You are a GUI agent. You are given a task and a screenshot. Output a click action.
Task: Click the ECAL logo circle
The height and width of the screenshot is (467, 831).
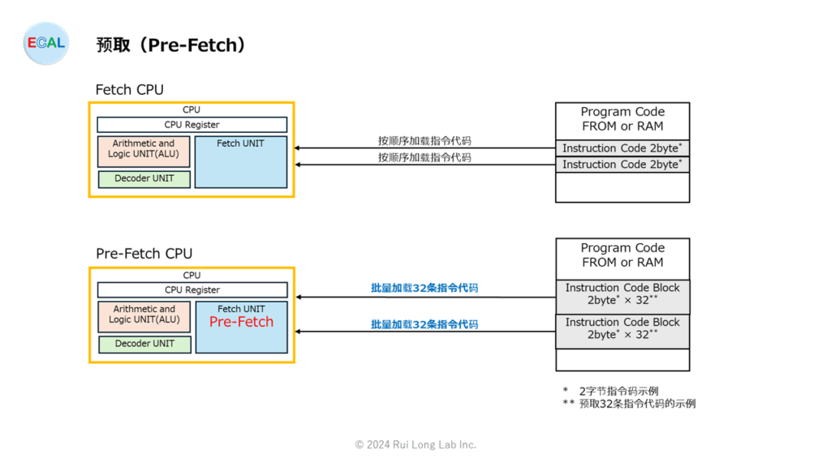pos(46,44)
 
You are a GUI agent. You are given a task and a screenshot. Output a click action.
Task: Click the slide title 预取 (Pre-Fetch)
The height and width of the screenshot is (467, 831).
pos(170,45)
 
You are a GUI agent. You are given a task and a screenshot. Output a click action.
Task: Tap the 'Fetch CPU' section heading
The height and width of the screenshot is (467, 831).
pos(129,89)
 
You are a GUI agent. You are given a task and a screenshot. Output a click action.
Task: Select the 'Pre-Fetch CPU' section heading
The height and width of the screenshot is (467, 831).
pos(144,254)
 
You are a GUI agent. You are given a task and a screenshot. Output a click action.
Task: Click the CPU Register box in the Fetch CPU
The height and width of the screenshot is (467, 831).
pos(192,125)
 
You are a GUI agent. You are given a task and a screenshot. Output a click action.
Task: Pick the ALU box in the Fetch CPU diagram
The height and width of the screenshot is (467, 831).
pos(144,152)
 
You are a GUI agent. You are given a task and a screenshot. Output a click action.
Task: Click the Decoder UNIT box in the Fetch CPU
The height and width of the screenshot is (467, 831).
pos(144,179)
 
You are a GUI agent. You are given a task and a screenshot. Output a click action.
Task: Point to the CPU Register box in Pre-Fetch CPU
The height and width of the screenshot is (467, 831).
pos(192,290)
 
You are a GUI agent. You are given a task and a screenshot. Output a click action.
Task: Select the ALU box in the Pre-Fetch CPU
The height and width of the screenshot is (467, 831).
pos(144,317)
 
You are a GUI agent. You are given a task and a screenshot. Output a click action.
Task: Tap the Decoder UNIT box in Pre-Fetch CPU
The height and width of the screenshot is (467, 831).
pos(144,344)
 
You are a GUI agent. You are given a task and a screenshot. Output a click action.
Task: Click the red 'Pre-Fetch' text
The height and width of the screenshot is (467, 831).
pos(241,322)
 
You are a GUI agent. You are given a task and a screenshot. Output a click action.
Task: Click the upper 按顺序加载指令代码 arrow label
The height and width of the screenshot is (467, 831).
pos(424,141)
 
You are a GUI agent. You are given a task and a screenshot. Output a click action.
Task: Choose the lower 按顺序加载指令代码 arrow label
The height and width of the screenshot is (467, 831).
pos(424,157)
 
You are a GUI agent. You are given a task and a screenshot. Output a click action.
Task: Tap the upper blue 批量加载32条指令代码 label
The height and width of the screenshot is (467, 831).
pos(424,288)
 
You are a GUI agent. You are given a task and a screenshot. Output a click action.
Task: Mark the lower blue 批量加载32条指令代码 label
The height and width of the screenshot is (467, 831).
pos(424,324)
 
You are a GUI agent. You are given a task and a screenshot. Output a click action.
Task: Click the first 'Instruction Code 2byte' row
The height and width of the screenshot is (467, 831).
pos(622,148)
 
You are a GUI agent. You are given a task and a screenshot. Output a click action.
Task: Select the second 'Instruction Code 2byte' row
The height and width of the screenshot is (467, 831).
pos(622,165)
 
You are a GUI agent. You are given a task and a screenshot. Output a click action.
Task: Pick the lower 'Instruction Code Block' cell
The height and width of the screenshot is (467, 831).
pos(622,332)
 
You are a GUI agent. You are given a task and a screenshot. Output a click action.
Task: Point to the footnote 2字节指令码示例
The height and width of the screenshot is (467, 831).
pos(618,392)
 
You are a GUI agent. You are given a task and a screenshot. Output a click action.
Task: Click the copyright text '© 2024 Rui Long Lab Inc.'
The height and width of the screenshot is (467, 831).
pos(415,445)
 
